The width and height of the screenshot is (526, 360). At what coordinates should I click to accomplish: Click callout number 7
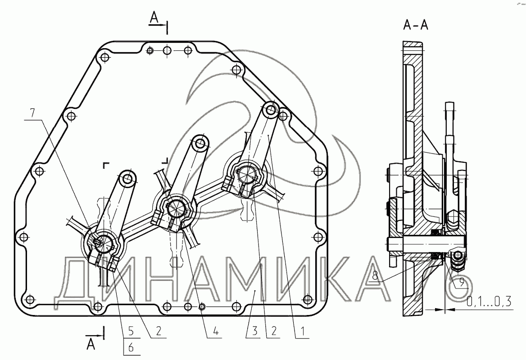32,113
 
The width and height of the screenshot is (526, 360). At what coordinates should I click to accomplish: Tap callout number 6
131,347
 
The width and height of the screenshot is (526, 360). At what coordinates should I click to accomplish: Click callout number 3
254,332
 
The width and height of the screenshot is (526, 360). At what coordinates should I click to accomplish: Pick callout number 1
302,332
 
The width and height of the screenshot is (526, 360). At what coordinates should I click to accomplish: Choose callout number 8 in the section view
375,276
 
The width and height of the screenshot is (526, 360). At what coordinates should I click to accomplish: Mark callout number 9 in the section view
462,283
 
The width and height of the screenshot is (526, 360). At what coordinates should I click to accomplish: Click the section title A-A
416,24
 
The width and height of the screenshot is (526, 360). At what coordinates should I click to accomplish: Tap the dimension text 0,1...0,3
489,301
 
